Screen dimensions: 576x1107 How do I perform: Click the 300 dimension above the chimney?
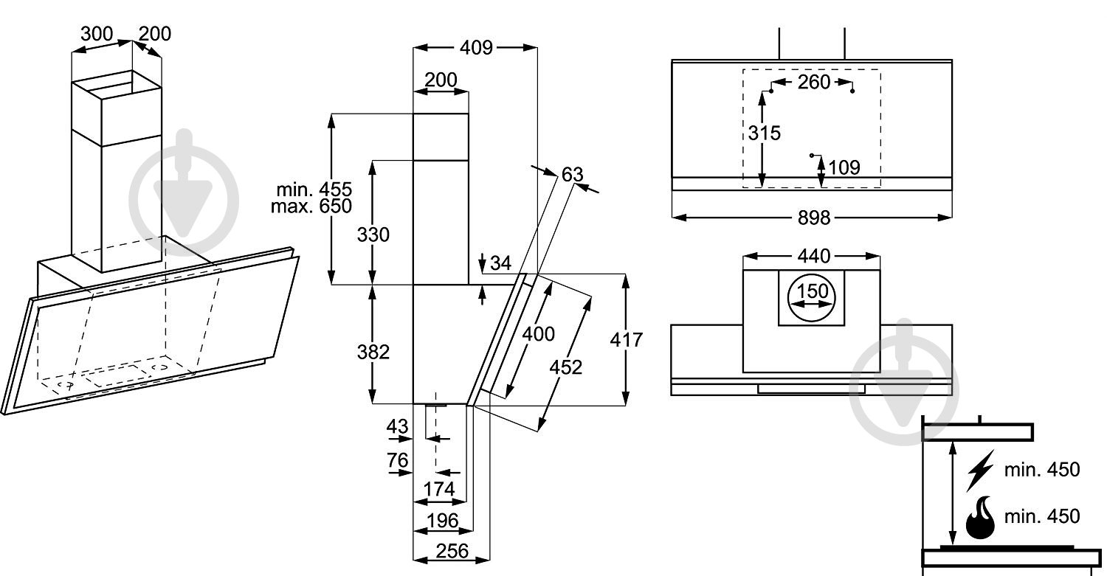point(96,33)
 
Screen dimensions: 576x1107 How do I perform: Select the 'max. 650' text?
point(311,206)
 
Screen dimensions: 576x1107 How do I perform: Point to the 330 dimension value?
point(373,235)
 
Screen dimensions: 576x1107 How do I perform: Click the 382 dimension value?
point(373,352)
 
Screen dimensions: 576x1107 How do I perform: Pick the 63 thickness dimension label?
point(572,175)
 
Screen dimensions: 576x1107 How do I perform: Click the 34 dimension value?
point(500,263)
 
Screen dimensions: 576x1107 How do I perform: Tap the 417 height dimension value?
point(627,340)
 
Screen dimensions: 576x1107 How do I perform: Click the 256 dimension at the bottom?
point(452,550)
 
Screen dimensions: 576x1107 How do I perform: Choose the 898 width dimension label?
point(814,218)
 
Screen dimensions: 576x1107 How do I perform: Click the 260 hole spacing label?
point(814,82)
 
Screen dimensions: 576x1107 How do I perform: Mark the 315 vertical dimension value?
point(763,133)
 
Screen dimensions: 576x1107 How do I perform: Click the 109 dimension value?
point(844,167)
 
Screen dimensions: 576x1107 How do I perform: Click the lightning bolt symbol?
point(981,471)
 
